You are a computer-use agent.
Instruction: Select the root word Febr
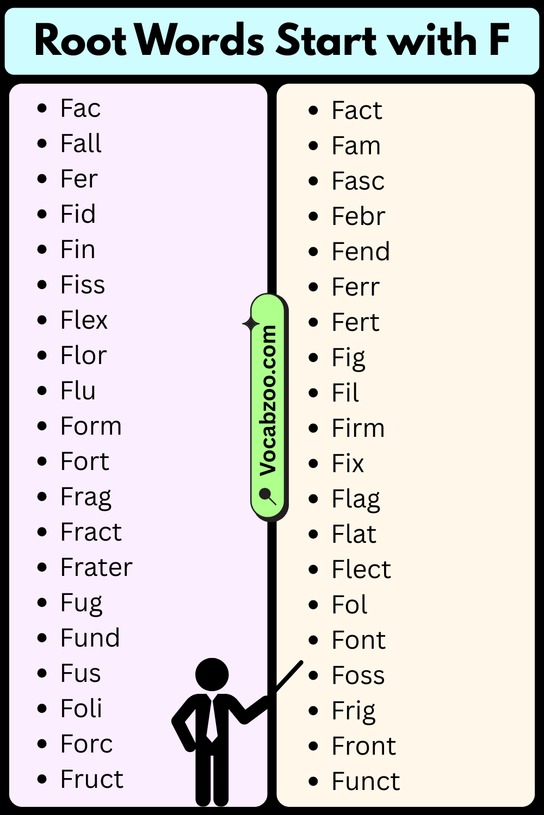click(x=358, y=216)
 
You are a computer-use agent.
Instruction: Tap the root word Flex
click(x=84, y=320)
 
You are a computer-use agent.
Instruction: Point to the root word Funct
click(x=366, y=781)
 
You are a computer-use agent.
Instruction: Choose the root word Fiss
click(x=83, y=284)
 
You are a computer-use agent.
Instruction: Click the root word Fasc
click(x=358, y=181)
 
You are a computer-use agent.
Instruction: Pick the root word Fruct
click(x=92, y=779)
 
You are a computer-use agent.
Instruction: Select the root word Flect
click(x=361, y=569)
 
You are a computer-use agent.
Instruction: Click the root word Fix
click(x=348, y=463)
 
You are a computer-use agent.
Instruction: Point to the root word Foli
click(x=82, y=708)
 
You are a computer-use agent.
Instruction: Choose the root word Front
click(x=364, y=745)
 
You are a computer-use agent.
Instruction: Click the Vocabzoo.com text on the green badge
click(x=268, y=401)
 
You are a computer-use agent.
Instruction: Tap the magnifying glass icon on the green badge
click(x=268, y=496)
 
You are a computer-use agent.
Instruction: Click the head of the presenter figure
click(x=212, y=674)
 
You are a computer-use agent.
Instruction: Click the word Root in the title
click(x=81, y=40)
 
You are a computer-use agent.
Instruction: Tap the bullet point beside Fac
click(x=42, y=108)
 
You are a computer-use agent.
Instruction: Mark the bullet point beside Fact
click(x=313, y=110)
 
